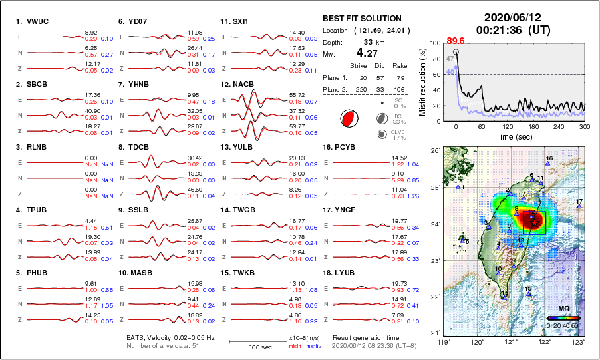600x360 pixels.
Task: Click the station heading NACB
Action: pos(241,85)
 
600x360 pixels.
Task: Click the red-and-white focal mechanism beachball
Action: pos(347,119)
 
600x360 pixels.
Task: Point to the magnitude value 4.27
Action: pos(369,53)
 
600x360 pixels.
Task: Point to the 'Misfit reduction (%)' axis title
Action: pos(423,82)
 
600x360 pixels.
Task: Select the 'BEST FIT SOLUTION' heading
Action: pos(361,19)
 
